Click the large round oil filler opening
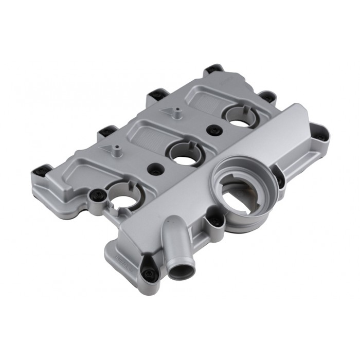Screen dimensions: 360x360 [x=241, y=190]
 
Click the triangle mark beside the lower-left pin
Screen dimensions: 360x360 [x=106, y=148]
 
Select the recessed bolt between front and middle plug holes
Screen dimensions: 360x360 [x=153, y=168]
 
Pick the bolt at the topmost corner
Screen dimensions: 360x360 [x=213, y=69]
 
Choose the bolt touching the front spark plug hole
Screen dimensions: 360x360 [x=97, y=194]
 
